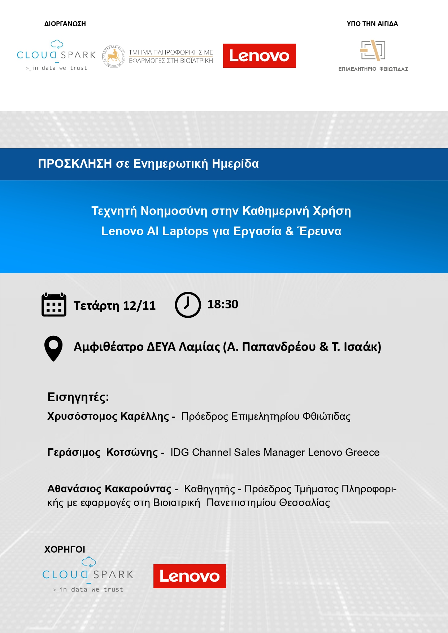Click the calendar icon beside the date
point(54,305)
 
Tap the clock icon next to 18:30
point(188,305)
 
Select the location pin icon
point(53,348)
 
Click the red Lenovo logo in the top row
point(260,56)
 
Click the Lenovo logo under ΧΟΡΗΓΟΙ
point(190,576)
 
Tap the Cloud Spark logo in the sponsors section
point(88,575)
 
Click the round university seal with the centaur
point(114,56)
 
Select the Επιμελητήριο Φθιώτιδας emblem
point(373,56)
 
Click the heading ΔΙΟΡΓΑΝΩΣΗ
point(65,24)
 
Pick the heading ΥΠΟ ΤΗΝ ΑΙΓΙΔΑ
point(372,24)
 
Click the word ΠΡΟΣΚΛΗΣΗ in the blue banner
point(75,164)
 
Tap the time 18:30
point(223,304)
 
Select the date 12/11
point(139,306)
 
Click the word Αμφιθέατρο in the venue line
point(109,347)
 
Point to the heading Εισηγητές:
point(78,397)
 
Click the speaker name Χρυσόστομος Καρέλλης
point(108,417)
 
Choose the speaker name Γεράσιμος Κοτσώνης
point(103,453)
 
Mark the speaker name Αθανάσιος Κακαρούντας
point(109,489)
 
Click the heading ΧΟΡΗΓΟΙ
point(65,549)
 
